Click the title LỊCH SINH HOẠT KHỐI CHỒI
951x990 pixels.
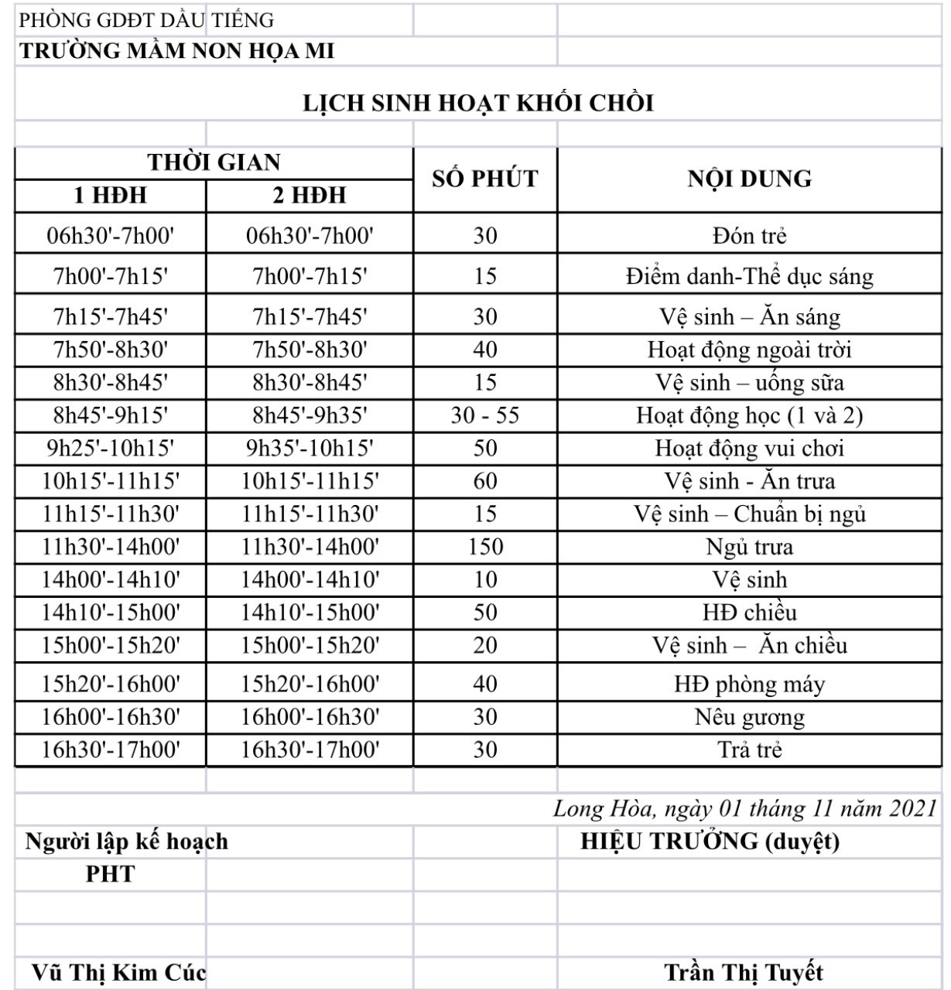pyautogui.click(x=478, y=104)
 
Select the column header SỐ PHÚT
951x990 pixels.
pyautogui.click(x=485, y=179)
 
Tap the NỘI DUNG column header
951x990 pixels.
pyautogui.click(x=749, y=179)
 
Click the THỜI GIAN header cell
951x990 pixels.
pyautogui.click(x=214, y=162)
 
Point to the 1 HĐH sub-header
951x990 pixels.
pyautogui.click(x=111, y=196)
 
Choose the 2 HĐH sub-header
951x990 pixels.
pyautogui.click(x=310, y=196)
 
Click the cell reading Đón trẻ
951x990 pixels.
pyautogui.click(x=749, y=236)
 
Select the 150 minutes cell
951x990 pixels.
pyautogui.click(x=485, y=547)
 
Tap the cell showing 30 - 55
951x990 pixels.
pyautogui.click(x=485, y=415)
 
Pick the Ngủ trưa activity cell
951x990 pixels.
pyautogui.click(x=749, y=547)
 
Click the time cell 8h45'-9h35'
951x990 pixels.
pyautogui.click(x=310, y=415)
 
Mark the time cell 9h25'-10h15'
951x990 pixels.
pyautogui.click(x=111, y=449)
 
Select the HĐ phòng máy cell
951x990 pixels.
pyautogui.click(x=749, y=684)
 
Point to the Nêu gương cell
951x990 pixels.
pyautogui.click(x=749, y=717)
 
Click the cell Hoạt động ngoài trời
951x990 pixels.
pyautogui.click(x=749, y=350)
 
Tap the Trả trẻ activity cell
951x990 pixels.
pyautogui.click(x=749, y=749)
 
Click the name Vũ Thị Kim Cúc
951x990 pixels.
pyautogui.click(x=118, y=972)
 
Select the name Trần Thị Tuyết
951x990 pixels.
pyautogui.click(x=744, y=972)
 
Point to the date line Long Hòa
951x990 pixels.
pyautogui.click(x=744, y=808)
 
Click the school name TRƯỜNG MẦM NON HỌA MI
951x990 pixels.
pyautogui.click(x=177, y=51)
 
